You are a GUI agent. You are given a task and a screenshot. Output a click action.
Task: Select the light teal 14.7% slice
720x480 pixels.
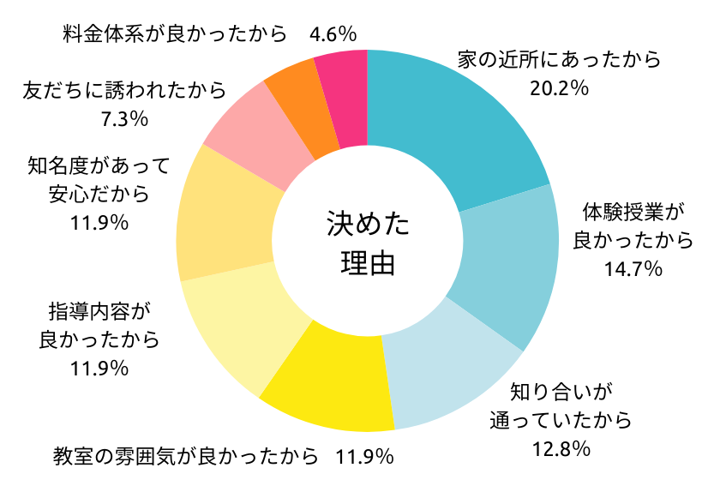pos(506,266)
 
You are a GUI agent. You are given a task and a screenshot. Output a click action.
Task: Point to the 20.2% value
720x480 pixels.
pos(558,87)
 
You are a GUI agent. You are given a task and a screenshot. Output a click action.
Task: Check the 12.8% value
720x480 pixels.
pos(561,447)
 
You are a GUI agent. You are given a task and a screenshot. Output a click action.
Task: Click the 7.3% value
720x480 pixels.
pos(125,119)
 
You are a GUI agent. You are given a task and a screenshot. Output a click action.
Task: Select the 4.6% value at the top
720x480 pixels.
pos(333,35)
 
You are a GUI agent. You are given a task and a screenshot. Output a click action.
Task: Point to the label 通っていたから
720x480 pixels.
pos(561,420)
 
